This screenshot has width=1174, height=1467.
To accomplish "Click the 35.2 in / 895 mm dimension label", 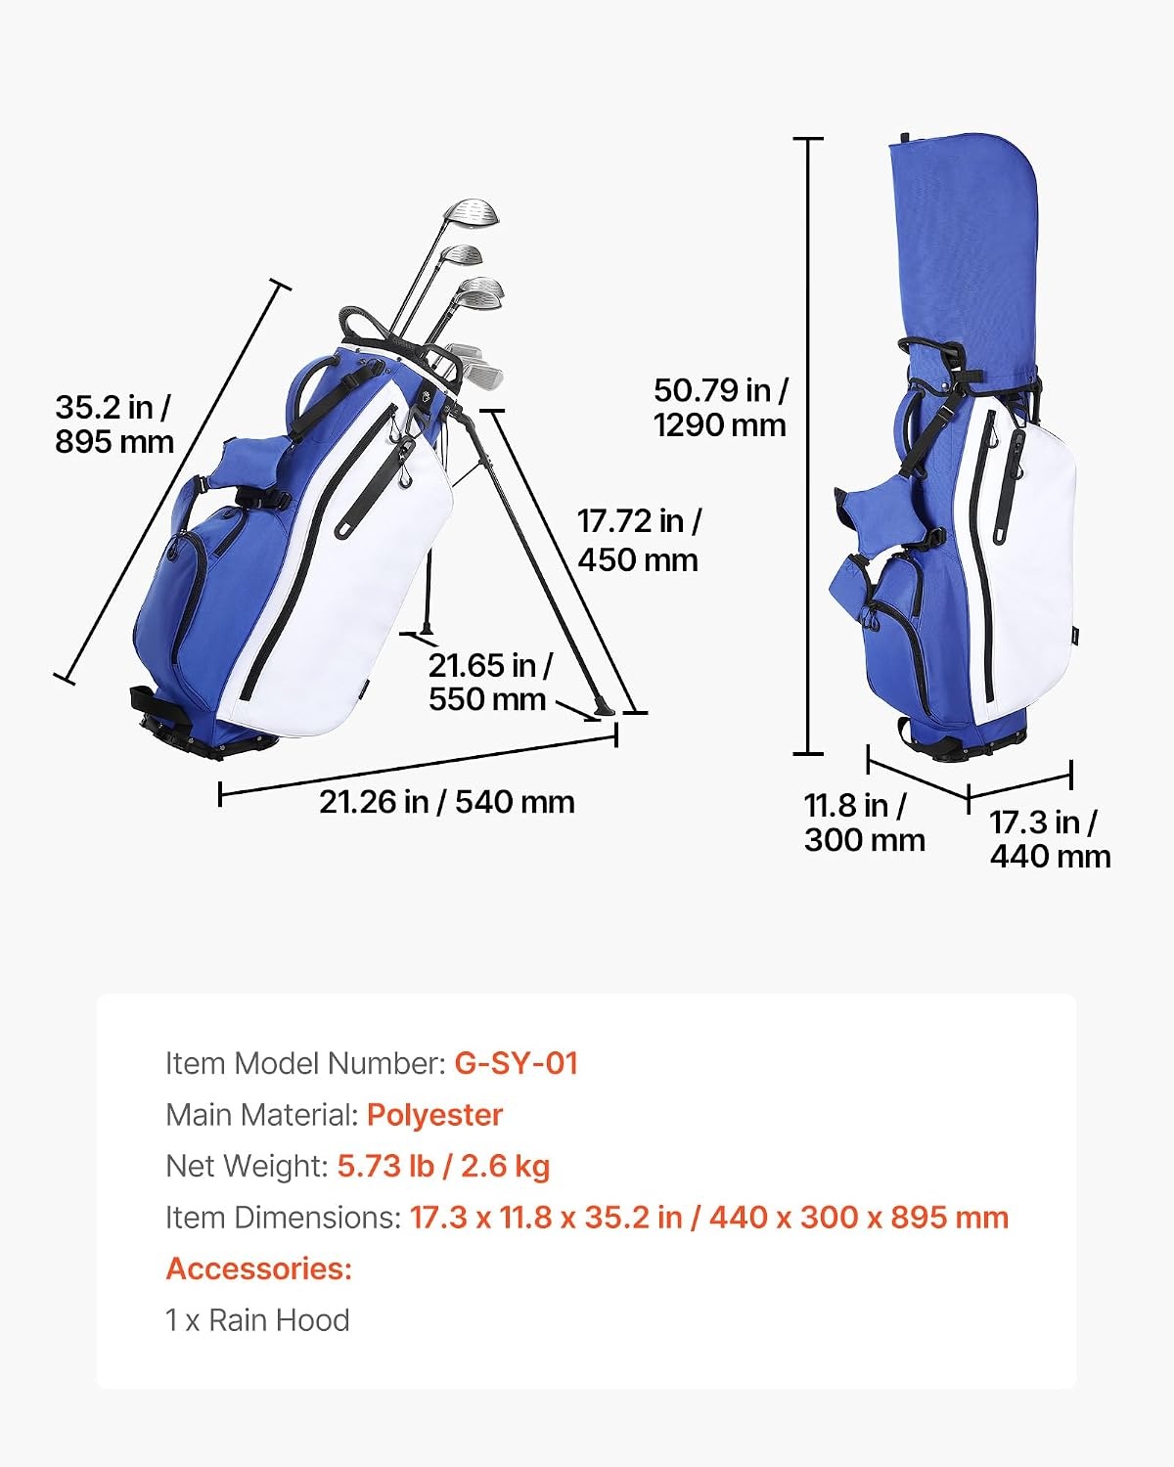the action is (x=113, y=424).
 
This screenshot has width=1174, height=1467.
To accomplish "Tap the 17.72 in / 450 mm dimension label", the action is (x=639, y=541).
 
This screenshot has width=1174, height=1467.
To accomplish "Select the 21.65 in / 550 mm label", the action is (x=490, y=683).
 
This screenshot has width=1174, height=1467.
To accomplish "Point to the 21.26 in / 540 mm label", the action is (x=447, y=802).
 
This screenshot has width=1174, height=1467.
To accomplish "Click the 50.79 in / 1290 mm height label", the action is (x=720, y=408).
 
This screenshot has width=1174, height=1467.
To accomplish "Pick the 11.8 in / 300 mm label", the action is (x=864, y=822).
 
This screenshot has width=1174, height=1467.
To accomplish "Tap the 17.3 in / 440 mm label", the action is (x=1050, y=839).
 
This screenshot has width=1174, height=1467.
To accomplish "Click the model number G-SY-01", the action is (x=516, y=1063).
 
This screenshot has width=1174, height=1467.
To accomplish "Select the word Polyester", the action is (x=434, y=1115).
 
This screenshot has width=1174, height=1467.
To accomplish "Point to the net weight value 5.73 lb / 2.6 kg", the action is (x=443, y=1167).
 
